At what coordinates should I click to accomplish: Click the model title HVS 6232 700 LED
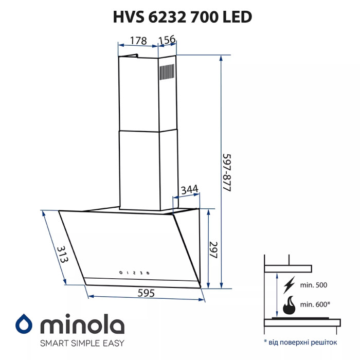coord(183,17)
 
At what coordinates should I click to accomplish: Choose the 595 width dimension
coord(147,293)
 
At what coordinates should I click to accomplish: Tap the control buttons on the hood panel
coord(134,273)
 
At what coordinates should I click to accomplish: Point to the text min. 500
coord(313,284)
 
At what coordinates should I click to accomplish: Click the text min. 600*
coord(314,304)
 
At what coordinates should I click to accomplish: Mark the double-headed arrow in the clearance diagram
coord(276,295)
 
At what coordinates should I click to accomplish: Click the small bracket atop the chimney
coord(131,55)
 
